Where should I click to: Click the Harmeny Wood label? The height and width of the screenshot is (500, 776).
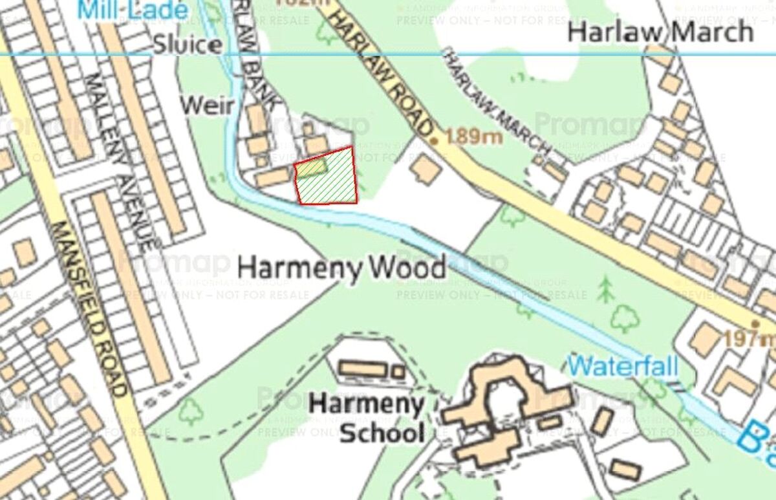click(x=342, y=266)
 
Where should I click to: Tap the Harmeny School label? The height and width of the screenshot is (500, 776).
click(x=367, y=418)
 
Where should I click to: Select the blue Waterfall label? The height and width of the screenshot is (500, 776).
click(x=623, y=367)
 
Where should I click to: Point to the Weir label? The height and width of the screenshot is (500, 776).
click(x=206, y=105)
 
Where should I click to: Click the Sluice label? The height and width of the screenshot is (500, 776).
click(x=188, y=45)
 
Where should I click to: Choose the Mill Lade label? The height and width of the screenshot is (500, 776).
click(x=132, y=10)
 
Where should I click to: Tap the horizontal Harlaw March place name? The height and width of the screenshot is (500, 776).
click(x=660, y=32)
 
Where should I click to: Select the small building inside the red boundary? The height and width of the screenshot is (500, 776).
click(x=311, y=168)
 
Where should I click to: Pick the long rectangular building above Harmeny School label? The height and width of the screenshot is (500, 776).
click(x=363, y=369)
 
